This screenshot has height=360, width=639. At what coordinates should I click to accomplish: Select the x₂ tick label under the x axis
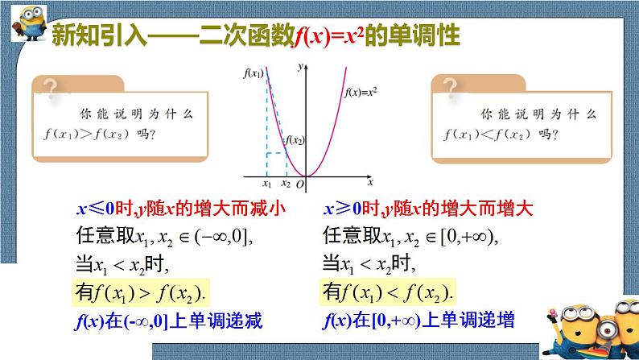284,185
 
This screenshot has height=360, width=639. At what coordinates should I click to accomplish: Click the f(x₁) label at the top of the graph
253,73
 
